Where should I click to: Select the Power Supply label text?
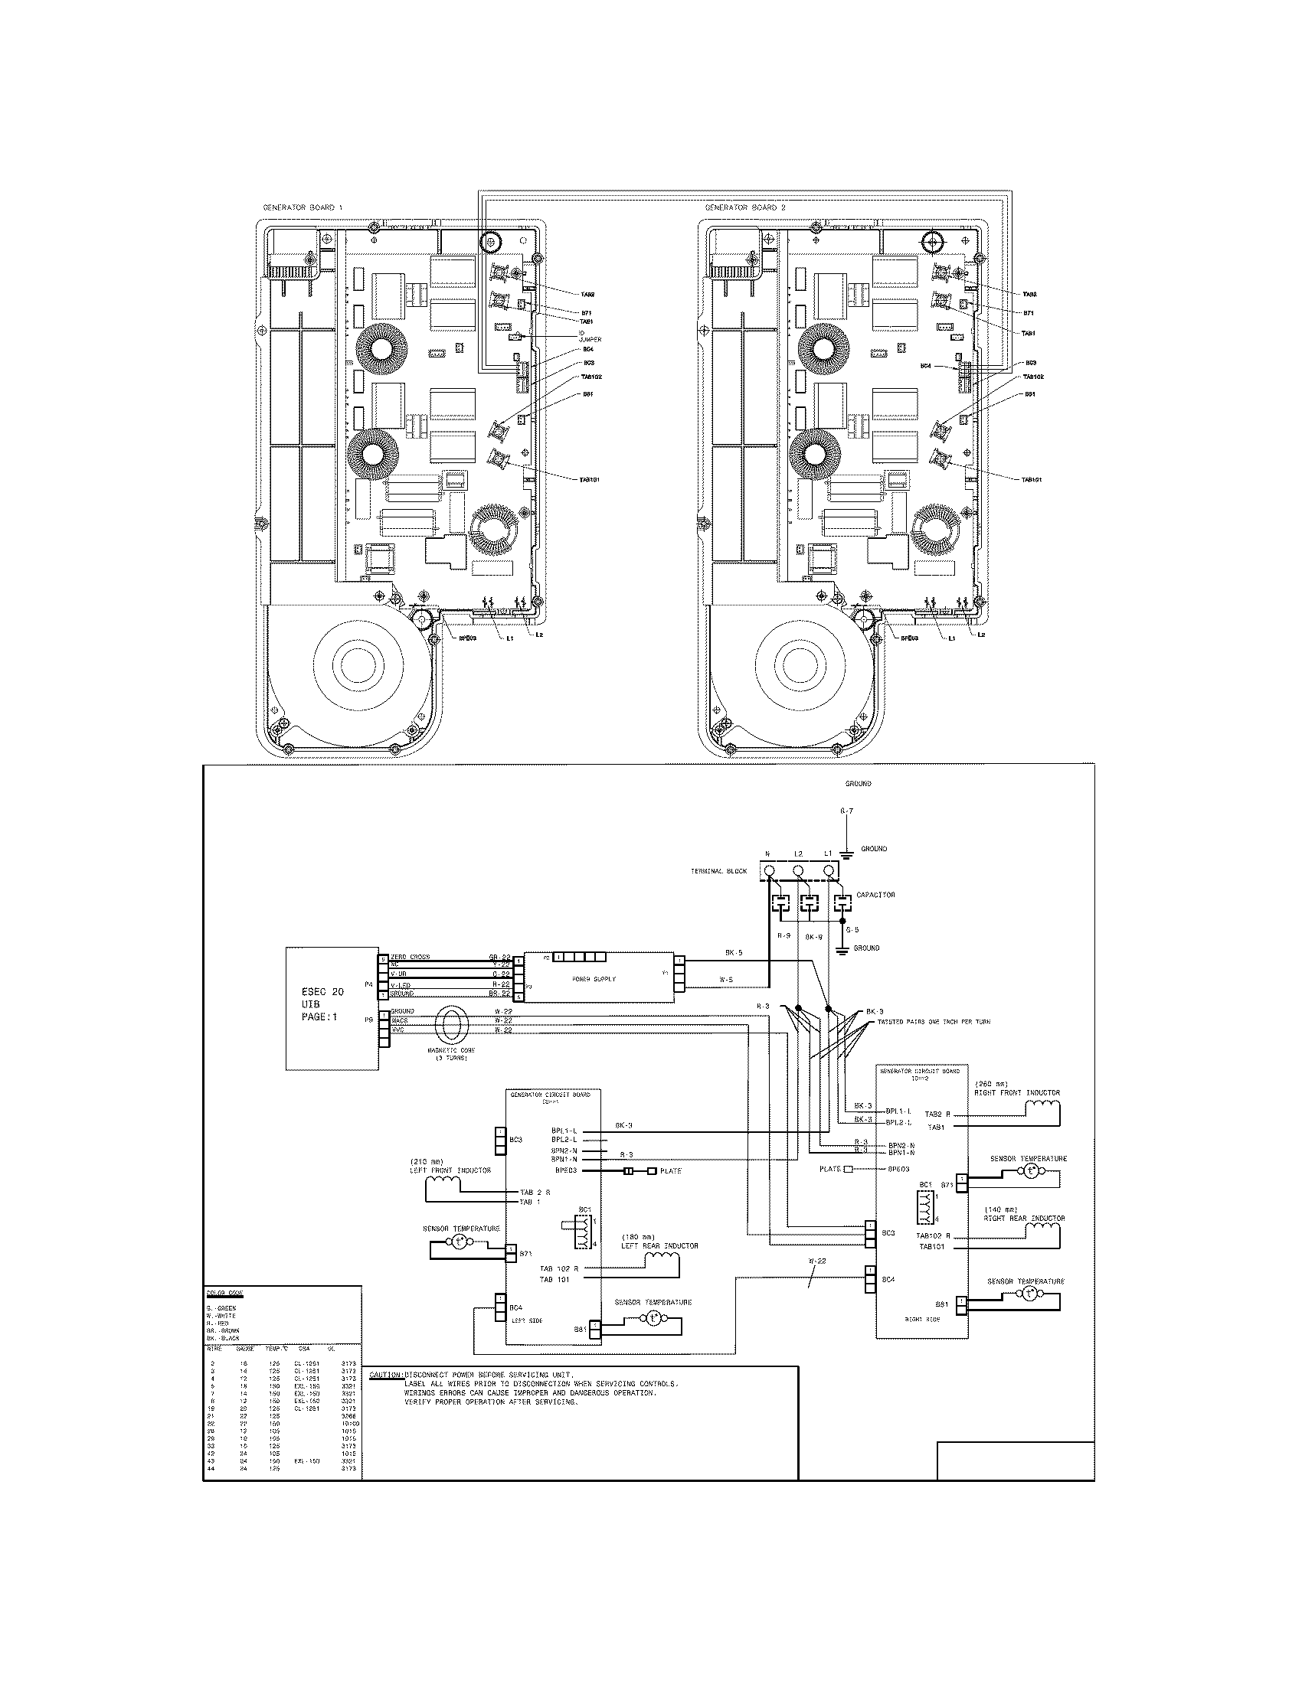tap(593, 979)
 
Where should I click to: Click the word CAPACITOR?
tap(875, 896)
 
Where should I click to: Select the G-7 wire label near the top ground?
tap(846, 812)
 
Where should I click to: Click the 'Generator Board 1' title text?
tap(303, 208)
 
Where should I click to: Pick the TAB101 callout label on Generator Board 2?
tap(1032, 479)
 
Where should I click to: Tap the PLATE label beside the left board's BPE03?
tap(670, 1171)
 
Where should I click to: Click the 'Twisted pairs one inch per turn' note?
tap(934, 1022)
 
